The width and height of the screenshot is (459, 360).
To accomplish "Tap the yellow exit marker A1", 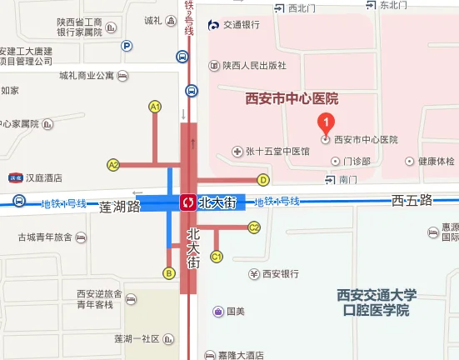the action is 154,106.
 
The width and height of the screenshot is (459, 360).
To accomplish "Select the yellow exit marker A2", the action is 113,164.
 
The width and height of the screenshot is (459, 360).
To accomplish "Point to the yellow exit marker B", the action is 169,272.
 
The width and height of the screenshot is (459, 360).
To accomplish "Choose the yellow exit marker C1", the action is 216,257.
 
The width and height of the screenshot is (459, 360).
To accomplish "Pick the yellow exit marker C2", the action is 255,227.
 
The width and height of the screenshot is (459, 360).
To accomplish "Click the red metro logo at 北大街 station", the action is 188,202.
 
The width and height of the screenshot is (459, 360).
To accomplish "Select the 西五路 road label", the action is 412,201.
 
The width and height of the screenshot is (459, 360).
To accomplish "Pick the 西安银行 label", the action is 281,273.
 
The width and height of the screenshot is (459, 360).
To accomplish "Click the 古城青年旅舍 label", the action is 46,237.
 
